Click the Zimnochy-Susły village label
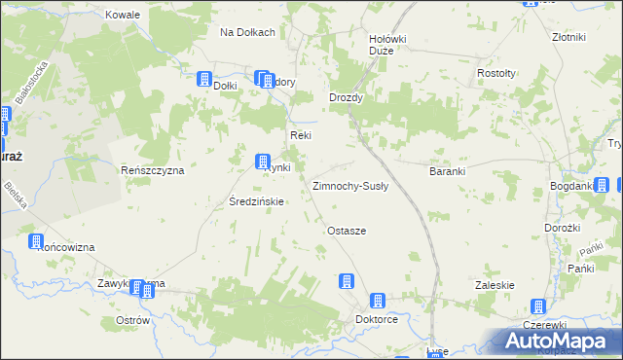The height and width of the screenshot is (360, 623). (x=350, y=185)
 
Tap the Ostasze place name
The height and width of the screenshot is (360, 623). (x=347, y=231)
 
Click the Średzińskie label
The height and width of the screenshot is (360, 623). (x=256, y=202)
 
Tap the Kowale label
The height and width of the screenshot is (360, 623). (x=124, y=16)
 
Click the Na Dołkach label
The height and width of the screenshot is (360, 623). (x=248, y=32)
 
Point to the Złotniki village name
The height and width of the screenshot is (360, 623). (x=568, y=37)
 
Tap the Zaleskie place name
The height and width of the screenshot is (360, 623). (x=494, y=285)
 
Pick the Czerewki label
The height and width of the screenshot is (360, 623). (x=544, y=324)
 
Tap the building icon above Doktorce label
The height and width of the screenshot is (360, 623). (x=379, y=302)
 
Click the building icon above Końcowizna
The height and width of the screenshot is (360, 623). (x=37, y=241)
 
